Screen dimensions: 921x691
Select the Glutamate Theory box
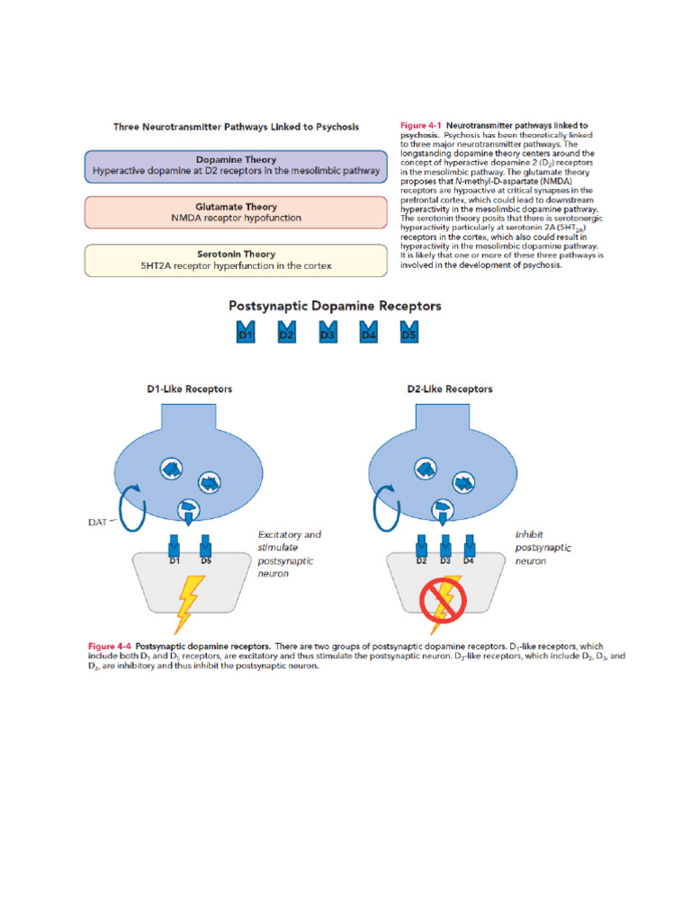pos(237,212)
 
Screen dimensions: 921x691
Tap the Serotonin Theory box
pos(237,260)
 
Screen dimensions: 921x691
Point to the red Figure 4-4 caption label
pos(110,647)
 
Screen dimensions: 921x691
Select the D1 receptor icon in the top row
pos(245,332)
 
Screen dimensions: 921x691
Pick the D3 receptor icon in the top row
pos(328,332)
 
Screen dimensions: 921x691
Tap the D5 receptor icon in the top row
pos(409,332)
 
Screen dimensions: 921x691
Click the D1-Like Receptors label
pos(189,389)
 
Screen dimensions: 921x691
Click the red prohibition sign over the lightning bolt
pos(443,601)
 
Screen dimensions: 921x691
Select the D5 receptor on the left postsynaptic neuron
pos(206,548)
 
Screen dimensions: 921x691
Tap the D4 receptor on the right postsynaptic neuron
pos(468,548)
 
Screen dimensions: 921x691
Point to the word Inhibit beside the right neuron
pos(529,534)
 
